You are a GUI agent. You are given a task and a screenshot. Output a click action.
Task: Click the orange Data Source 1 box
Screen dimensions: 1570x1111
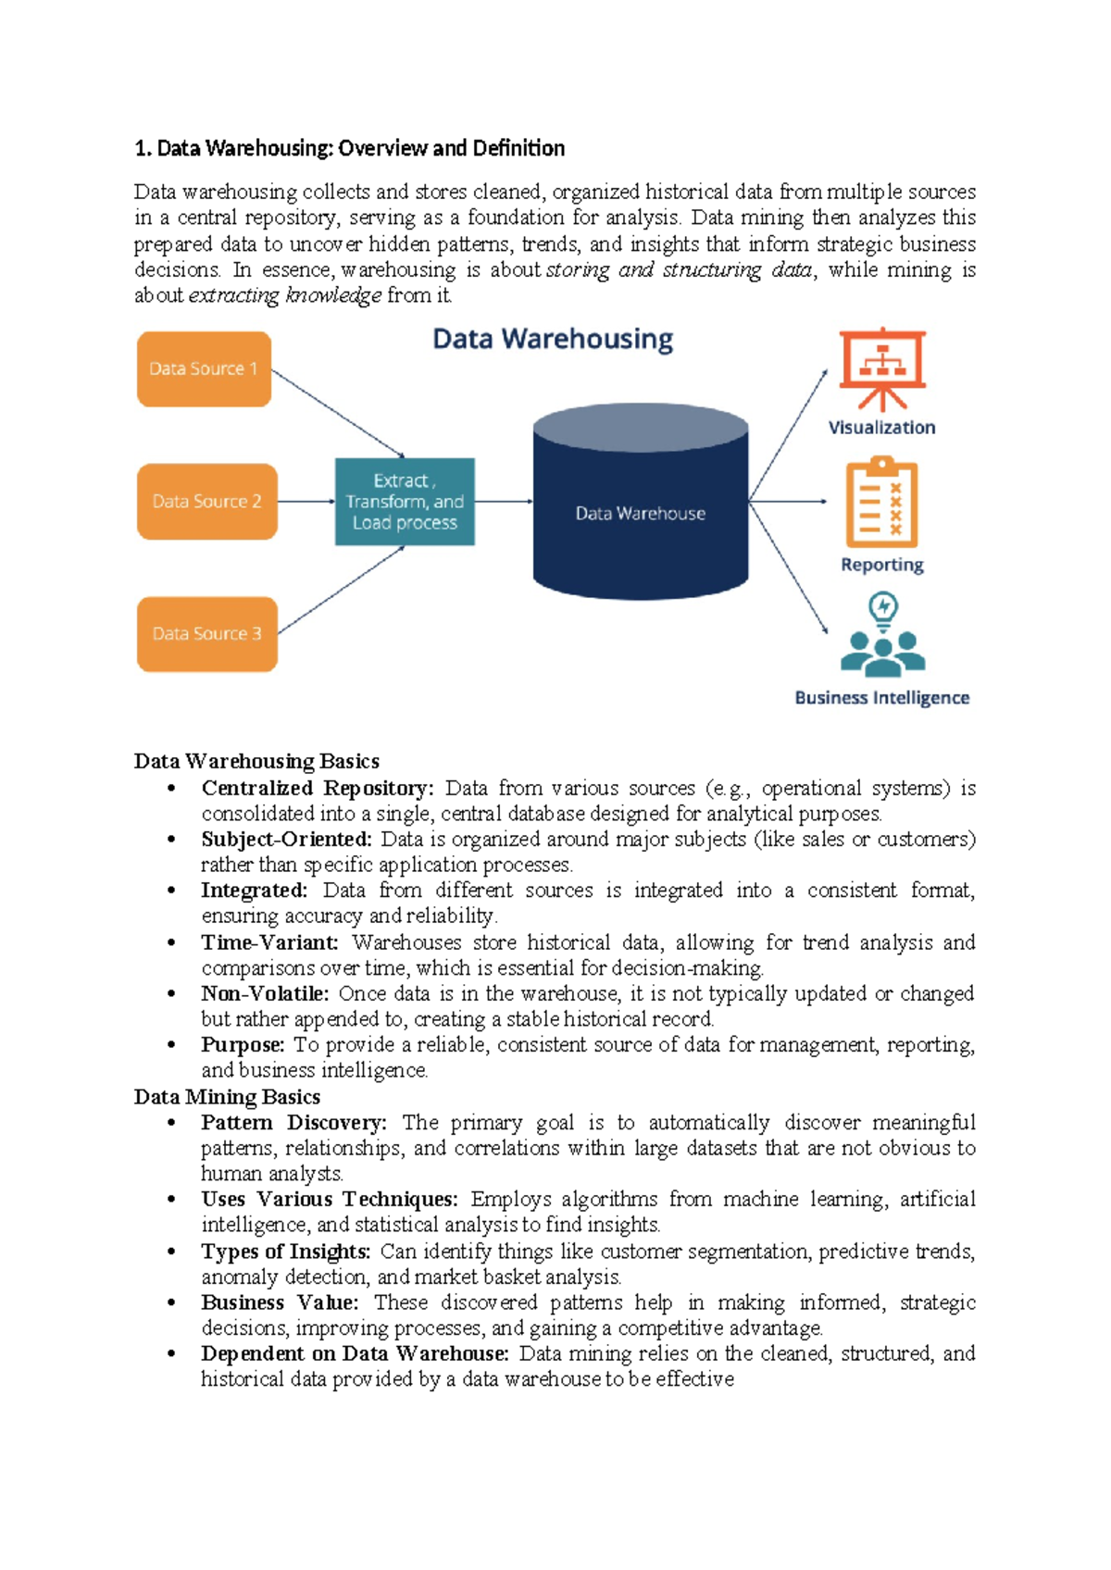pyautogui.click(x=204, y=369)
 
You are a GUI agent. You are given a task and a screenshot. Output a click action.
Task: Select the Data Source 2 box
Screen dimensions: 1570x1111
pyautogui.click(x=206, y=502)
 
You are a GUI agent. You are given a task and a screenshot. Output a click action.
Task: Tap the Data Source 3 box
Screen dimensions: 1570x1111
pyautogui.click(x=206, y=634)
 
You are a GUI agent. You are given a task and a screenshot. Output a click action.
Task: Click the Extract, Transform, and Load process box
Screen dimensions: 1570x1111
pyautogui.click(x=405, y=502)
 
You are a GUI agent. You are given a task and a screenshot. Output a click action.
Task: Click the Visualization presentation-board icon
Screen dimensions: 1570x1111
pyautogui.click(x=882, y=369)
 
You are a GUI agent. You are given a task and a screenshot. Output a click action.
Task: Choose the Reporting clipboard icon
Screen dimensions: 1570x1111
pyautogui.click(x=882, y=503)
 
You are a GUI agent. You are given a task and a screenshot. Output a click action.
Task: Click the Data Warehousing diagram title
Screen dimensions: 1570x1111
pyautogui.click(x=553, y=339)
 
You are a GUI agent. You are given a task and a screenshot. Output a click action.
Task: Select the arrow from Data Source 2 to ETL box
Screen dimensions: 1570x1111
pyautogui.click(x=306, y=502)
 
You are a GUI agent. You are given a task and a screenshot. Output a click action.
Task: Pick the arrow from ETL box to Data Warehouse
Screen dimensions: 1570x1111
pyautogui.click(x=504, y=502)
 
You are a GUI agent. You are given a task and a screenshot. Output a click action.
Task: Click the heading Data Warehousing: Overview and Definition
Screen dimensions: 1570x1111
pyautogui.click(x=349, y=148)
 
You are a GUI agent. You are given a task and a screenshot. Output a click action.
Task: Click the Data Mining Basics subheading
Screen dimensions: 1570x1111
pyautogui.click(x=227, y=1097)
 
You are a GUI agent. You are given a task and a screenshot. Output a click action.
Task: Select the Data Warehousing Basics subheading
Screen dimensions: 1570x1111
pyautogui.click(x=256, y=761)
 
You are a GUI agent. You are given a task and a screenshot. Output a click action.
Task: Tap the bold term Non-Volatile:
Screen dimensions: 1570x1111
pyautogui.click(x=265, y=994)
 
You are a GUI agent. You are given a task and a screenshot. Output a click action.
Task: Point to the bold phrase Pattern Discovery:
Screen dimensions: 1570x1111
pyautogui.click(x=293, y=1123)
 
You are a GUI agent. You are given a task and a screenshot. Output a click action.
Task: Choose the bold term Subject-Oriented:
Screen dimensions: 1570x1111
pyautogui.click(x=286, y=840)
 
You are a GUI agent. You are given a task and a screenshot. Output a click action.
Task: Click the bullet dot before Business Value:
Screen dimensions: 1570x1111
pyautogui.click(x=171, y=1302)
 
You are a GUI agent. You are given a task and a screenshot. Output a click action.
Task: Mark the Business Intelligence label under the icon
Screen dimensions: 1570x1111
pyautogui.click(x=881, y=698)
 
